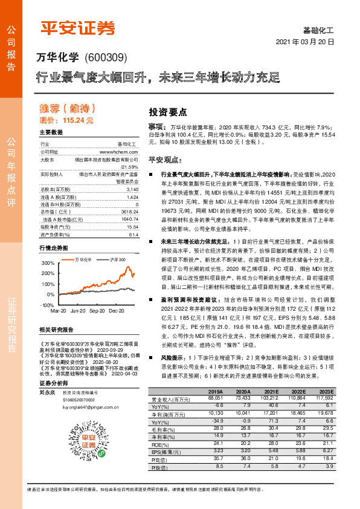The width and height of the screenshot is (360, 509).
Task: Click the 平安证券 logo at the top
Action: (x=77, y=28)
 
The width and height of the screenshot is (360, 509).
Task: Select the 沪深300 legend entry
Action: (x=117, y=259)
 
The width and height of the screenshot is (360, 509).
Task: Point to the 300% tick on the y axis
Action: (x=48, y=264)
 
